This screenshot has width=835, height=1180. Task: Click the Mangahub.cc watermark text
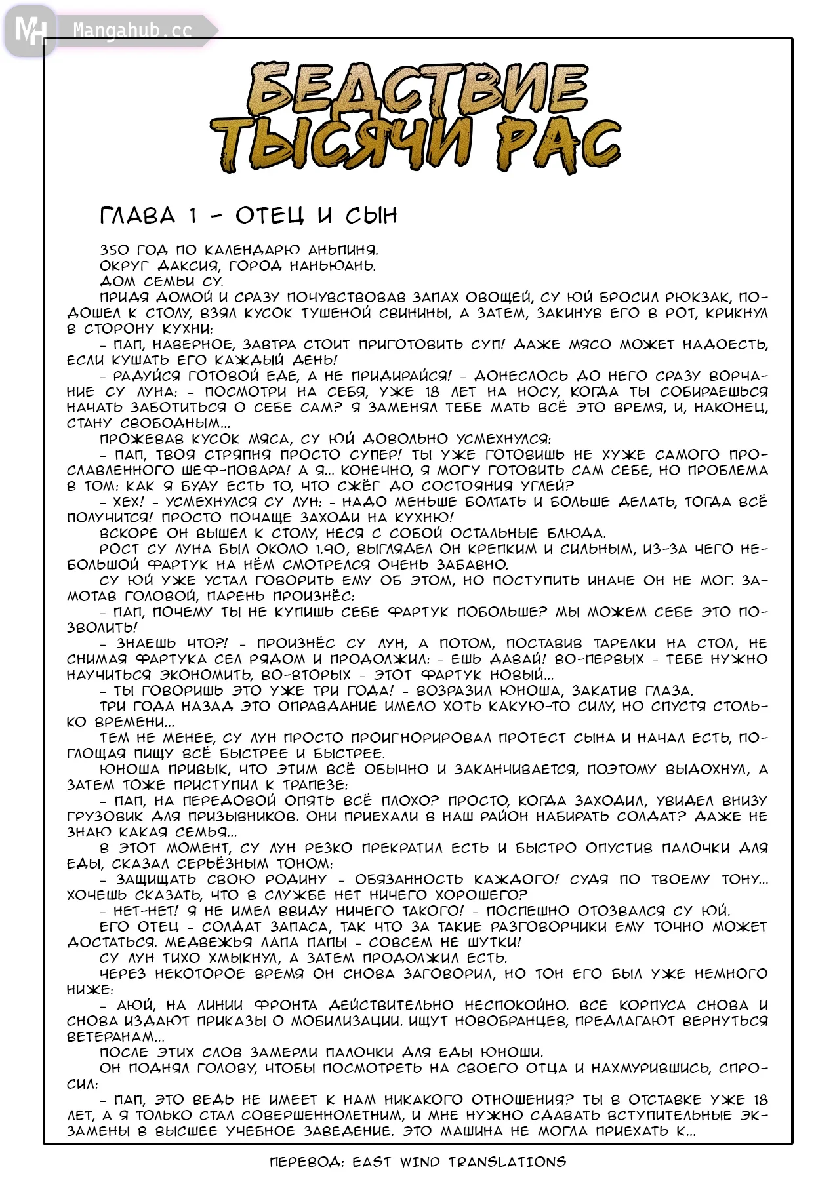point(132,30)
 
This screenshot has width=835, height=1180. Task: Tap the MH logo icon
point(30,30)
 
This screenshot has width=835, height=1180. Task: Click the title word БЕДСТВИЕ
point(418,88)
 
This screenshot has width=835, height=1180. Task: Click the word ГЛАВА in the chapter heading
point(138,216)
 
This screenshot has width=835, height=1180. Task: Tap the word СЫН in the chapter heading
point(371,216)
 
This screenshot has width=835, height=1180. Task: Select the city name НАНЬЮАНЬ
point(333,265)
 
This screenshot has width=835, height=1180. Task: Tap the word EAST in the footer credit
point(372,1162)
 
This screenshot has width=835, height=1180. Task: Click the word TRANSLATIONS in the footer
point(507,1162)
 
